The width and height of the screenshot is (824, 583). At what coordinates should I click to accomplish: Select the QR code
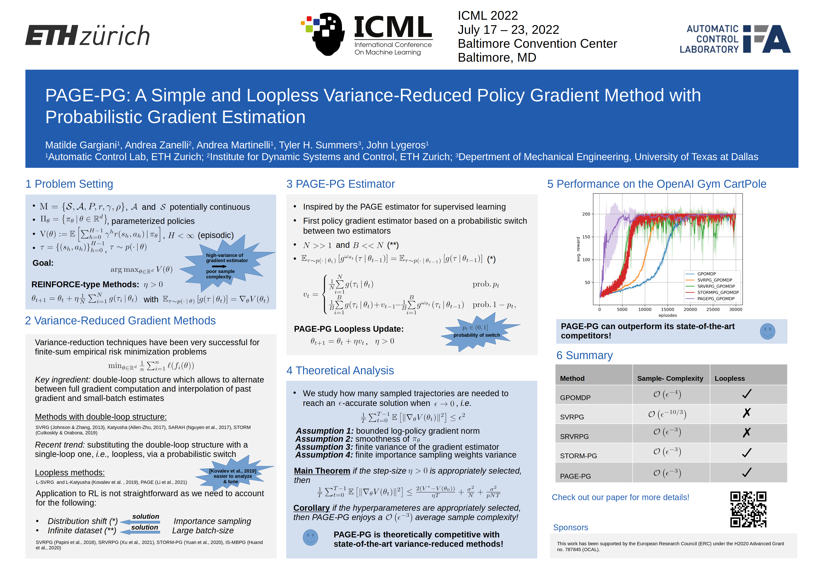coord(748,509)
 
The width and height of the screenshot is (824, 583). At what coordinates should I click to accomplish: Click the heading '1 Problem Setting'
coord(69,184)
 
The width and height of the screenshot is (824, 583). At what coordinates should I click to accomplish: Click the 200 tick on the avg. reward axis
coord(586,214)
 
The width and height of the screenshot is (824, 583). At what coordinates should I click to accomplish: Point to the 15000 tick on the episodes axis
coord(667,309)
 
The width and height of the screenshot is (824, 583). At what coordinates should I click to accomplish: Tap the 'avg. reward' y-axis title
coord(578,249)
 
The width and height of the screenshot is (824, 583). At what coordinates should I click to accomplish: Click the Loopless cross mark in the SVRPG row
coord(747,413)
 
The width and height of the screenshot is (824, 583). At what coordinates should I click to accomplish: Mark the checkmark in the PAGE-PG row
coord(747,472)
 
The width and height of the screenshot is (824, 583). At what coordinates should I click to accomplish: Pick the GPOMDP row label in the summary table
coord(575,398)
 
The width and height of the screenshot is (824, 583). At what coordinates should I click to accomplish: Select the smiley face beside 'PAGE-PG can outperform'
coord(767,331)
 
